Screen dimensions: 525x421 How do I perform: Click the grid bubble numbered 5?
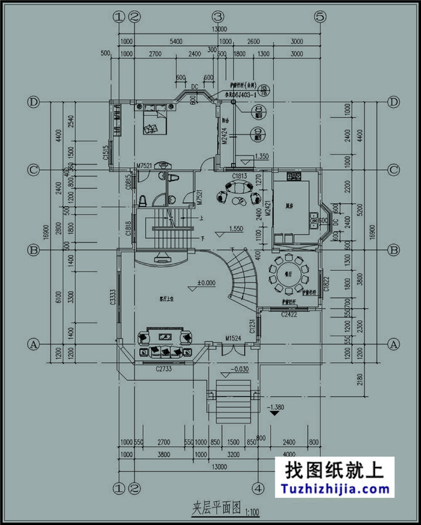(x=319, y=17)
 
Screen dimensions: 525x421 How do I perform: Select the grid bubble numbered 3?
(x=218, y=17)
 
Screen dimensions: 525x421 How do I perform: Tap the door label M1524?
(x=234, y=338)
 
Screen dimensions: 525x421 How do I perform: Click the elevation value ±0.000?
(x=207, y=283)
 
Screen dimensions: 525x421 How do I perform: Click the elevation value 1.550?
(x=236, y=229)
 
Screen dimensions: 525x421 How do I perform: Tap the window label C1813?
(x=239, y=175)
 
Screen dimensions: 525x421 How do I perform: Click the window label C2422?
(x=289, y=314)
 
